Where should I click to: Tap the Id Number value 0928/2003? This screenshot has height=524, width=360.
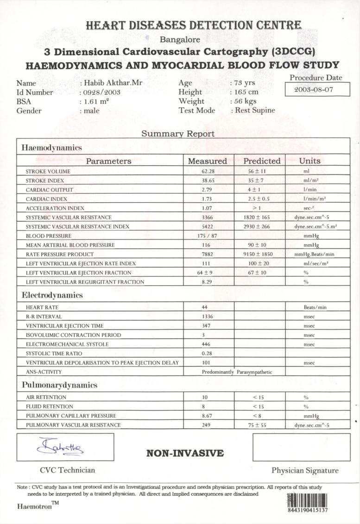102,92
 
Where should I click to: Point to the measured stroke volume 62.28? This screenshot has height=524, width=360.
207,171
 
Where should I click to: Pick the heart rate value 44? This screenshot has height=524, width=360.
204,307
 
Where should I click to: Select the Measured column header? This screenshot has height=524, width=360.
207,161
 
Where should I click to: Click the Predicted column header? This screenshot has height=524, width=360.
262,161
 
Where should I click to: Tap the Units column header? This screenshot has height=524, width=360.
309,161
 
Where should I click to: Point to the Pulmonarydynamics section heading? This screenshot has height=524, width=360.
59,385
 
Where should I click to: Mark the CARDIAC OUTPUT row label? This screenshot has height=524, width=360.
49,190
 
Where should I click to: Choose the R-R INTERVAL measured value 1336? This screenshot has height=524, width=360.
207,317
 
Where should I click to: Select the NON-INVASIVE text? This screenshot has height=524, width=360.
185,453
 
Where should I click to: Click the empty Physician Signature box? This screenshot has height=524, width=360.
301,447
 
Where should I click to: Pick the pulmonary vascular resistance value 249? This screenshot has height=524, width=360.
206,425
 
